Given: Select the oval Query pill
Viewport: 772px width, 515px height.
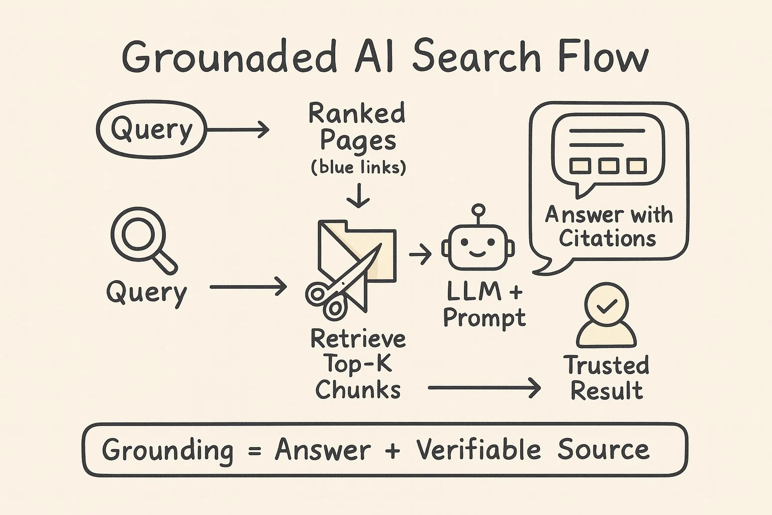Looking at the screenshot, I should click(151, 129).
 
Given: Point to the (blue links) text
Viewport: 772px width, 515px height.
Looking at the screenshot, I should click(358, 167).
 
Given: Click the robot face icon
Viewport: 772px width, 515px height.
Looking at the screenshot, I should click(478, 246).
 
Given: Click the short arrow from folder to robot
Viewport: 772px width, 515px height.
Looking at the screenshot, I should click(420, 254).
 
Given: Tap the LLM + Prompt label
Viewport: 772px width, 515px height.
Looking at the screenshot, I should click(484, 304).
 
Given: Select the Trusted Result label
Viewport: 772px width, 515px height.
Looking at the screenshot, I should click(607, 378).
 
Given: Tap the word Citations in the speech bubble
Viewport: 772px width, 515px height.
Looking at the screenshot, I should click(607, 238).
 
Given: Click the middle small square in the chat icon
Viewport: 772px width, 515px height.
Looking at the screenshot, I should click(608, 166).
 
